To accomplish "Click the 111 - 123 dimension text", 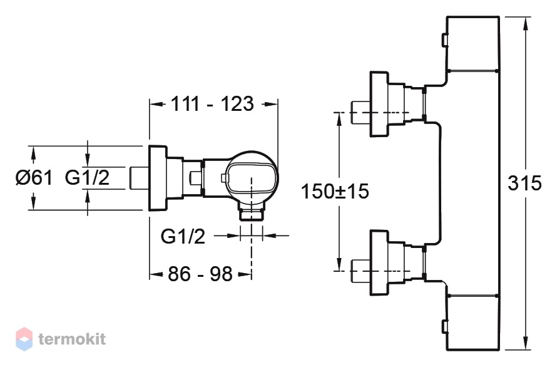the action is click(212, 104).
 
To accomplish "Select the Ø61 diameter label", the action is click(34, 177).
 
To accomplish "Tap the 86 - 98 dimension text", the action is click(200, 274).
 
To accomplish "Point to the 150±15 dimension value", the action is click(335, 191).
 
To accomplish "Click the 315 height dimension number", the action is click(524, 183).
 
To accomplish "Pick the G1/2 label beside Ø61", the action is click(87, 177).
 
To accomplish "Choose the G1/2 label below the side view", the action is click(183, 235).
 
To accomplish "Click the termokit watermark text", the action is click(72, 339).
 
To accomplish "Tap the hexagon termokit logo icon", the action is click(24, 339).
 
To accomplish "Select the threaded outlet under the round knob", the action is click(252, 213).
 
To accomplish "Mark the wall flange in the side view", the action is click(157, 178).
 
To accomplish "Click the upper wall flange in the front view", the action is click(379, 104).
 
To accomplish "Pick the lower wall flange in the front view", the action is click(379, 263).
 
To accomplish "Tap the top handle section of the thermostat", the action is click(473, 43).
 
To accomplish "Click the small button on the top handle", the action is click(444, 40).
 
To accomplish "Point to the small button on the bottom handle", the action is click(444, 326).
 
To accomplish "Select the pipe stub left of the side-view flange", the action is click(138, 178).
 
